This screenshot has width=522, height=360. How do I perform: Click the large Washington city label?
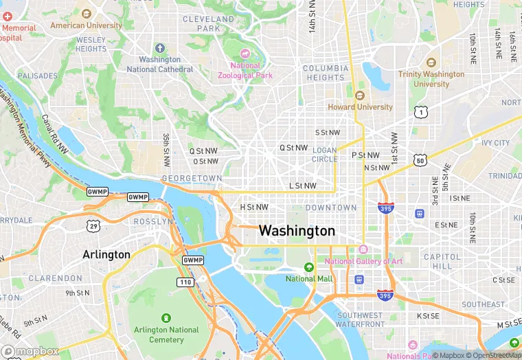pos(297,231)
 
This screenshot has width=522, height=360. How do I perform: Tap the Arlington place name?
pos(106,254)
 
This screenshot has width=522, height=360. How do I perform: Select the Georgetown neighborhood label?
pos(192,178)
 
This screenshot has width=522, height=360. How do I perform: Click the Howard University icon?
pos(360,95)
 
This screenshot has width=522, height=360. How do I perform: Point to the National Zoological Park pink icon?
pos(245,54)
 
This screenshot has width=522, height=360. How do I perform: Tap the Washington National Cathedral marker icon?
pos(160,48)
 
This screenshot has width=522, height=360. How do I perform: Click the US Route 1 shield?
pos(420,111)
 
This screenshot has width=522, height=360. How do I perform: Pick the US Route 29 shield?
pos(93,225)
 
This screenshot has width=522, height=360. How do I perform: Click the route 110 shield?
pos(185,282)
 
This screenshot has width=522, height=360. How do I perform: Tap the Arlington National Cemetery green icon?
pos(166,318)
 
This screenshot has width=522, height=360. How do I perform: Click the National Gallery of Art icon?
pos(363,249)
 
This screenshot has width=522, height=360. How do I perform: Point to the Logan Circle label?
pos(325,155)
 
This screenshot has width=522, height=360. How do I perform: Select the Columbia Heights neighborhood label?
pos(324,73)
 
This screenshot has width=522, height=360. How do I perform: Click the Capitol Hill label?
pos(438,261)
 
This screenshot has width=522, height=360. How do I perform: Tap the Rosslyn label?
pos(152,222)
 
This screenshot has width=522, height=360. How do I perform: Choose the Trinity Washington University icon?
pos(431,63)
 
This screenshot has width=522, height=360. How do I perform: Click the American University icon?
pos(86,14)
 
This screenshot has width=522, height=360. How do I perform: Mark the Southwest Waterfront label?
pos(360,320)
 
